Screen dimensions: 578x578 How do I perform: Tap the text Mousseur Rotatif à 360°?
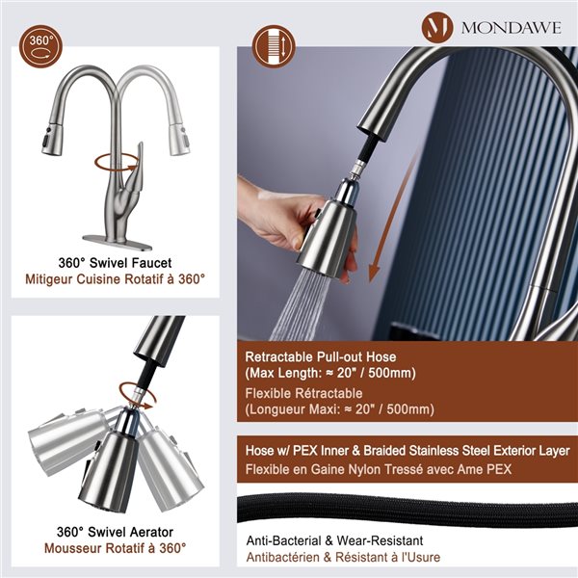coord(115,548)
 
